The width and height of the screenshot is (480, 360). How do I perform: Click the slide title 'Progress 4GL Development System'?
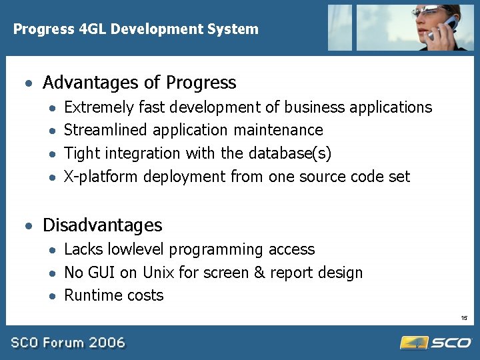[136, 29]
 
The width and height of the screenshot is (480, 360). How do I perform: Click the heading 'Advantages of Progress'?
[139, 83]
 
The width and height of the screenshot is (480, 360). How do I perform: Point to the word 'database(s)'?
[290, 153]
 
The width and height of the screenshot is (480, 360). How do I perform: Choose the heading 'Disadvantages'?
[102, 225]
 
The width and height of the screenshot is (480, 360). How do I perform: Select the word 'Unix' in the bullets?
[158, 273]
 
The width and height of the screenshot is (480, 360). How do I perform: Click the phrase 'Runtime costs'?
[113, 295]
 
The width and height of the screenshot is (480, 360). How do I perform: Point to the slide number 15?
[464, 318]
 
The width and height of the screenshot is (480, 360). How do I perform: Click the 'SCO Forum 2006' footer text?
[67, 343]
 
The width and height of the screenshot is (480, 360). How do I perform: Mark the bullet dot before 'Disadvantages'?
[28, 226]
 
